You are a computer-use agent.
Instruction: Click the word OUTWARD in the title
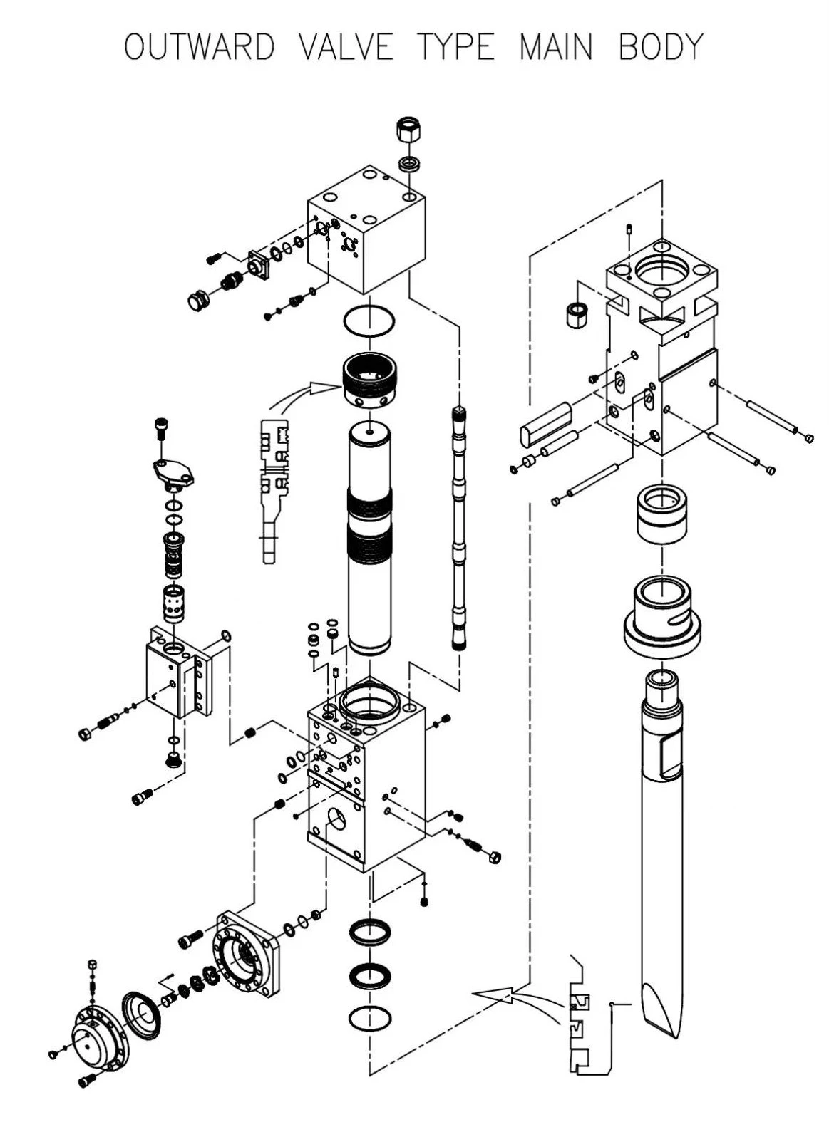tap(200, 46)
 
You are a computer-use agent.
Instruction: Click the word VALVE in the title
tap(346, 46)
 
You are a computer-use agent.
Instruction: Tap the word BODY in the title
tap(661, 46)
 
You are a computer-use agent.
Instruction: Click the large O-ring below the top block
tap(369, 321)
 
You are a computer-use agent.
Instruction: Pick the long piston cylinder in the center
tap(369, 538)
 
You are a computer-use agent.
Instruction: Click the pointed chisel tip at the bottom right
tap(661, 1011)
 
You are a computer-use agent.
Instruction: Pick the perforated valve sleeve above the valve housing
tap(174, 603)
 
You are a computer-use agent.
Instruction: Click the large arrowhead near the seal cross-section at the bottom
tap(493, 993)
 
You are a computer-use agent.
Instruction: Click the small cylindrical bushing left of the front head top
tap(576, 315)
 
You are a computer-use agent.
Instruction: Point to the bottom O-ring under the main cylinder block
tap(370, 1016)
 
